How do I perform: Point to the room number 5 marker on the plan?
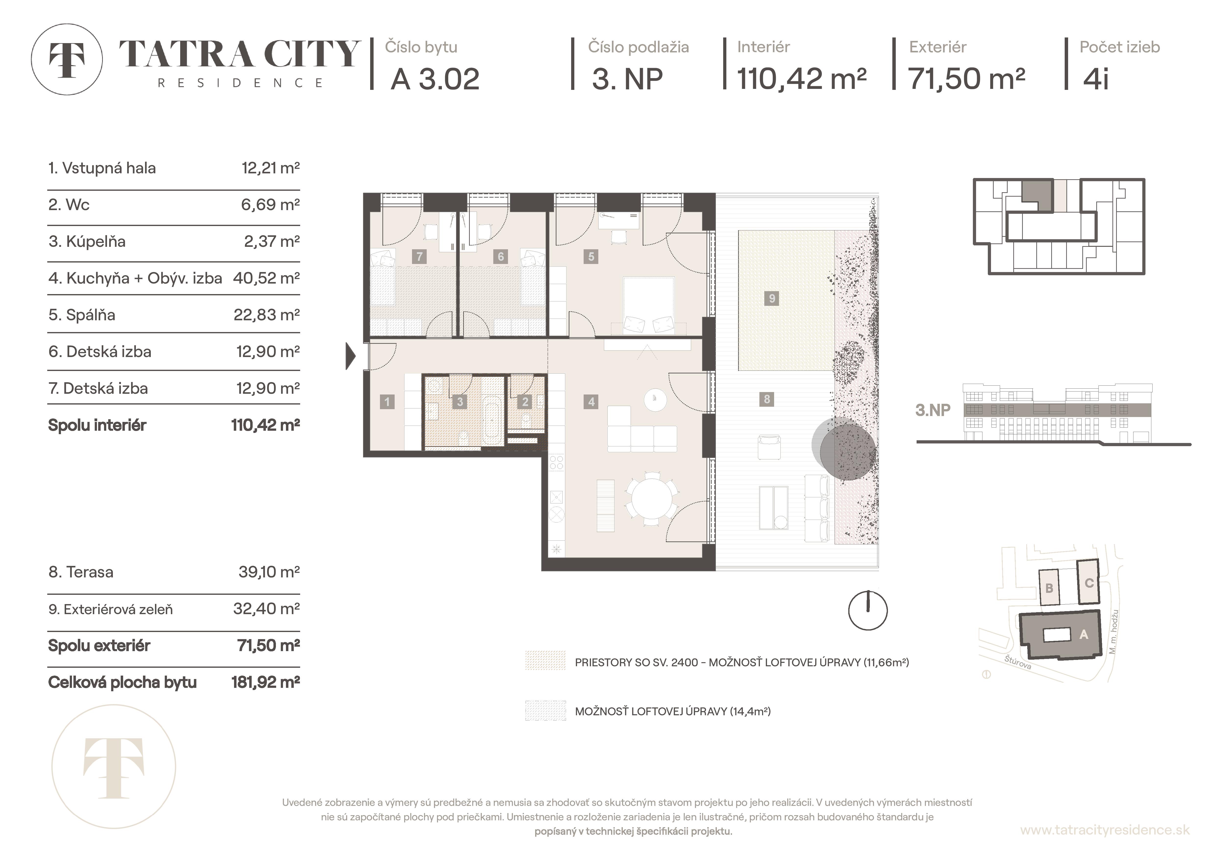(591, 257)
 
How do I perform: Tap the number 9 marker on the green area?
(772, 298)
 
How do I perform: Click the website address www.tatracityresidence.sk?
(1104, 830)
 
